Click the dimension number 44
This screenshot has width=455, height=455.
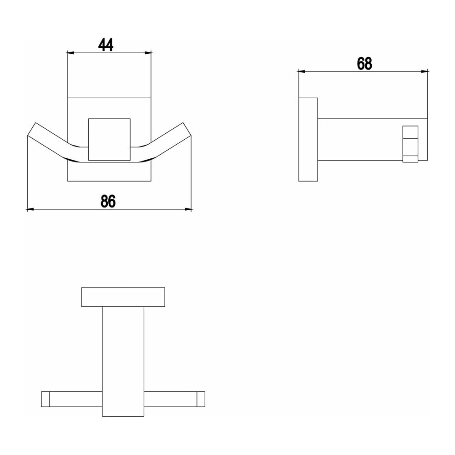point(106,45)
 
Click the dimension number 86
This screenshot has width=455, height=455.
point(108,201)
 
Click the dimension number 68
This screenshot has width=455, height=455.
point(364,64)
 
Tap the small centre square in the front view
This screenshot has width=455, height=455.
point(109,140)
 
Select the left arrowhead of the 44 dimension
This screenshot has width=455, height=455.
point(71,53)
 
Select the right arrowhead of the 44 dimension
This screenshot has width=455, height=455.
point(148,53)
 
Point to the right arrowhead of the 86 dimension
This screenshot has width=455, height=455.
point(188,209)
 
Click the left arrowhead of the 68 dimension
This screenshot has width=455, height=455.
point(302,71)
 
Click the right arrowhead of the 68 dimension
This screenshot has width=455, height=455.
point(425,71)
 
